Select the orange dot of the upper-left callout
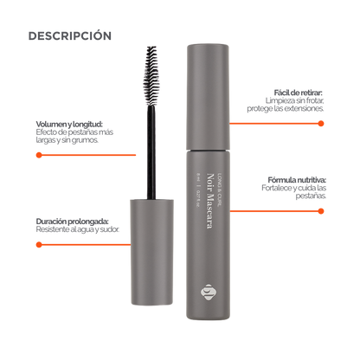click(38, 155)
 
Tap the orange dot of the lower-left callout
click(38, 245)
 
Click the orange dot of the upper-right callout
click(320, 124)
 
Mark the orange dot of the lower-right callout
click(320, 210)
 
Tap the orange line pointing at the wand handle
click(82, 245)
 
